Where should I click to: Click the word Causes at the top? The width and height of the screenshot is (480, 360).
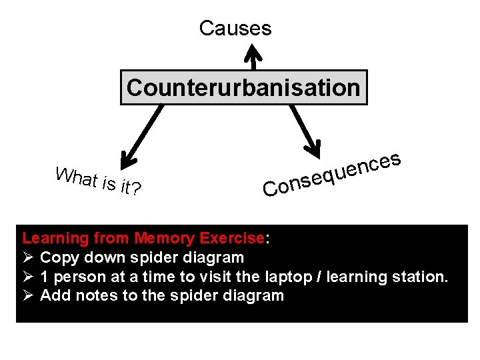[x=235, y=28]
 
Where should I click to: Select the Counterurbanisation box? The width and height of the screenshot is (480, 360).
[x=243, y=87]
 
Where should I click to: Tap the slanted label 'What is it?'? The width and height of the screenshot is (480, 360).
[x=98, y=181]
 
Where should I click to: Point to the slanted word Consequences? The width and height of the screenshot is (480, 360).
[x=331, y=175]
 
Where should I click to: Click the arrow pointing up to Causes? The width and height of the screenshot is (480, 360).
[x=253, y=56]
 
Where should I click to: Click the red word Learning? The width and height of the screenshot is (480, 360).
[x=55, y=238]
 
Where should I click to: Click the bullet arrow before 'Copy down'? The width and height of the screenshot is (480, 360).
[x=28, y=257]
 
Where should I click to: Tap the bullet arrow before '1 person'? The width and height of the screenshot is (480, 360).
[x=28, y=277]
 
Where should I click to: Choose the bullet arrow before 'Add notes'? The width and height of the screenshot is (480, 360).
[x=28, y=295]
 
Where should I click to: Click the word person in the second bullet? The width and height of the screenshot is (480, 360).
[x=76, y=277]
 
